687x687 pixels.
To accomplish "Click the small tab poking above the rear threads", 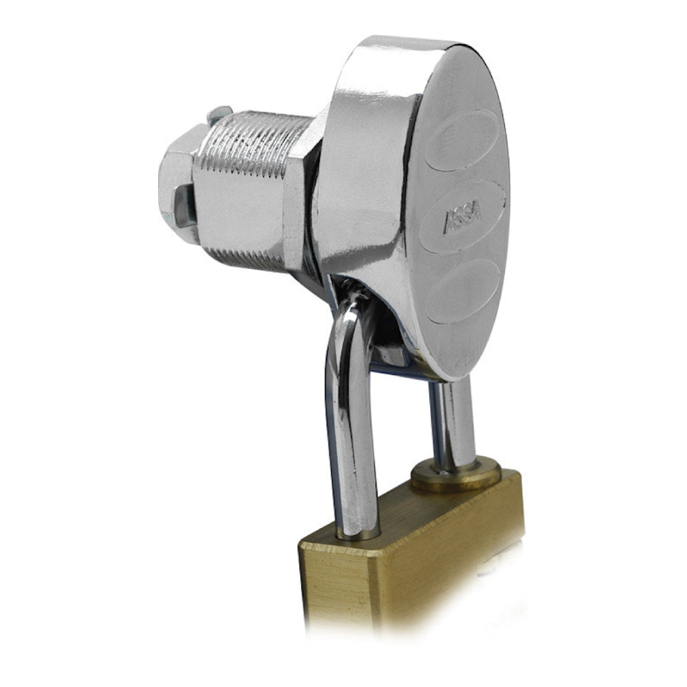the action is click(x=220, y=114).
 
